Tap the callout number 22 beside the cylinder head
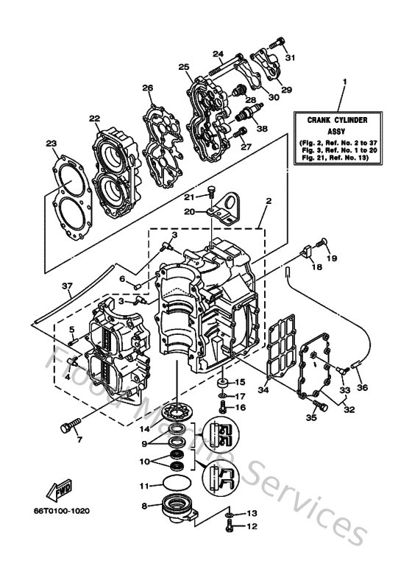(x=94, y=118)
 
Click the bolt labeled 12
(x=231, y=526)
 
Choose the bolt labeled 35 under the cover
(x=317, y=403)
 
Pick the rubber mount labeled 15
(x=220, y=384)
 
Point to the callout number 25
(x=184, y=67)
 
